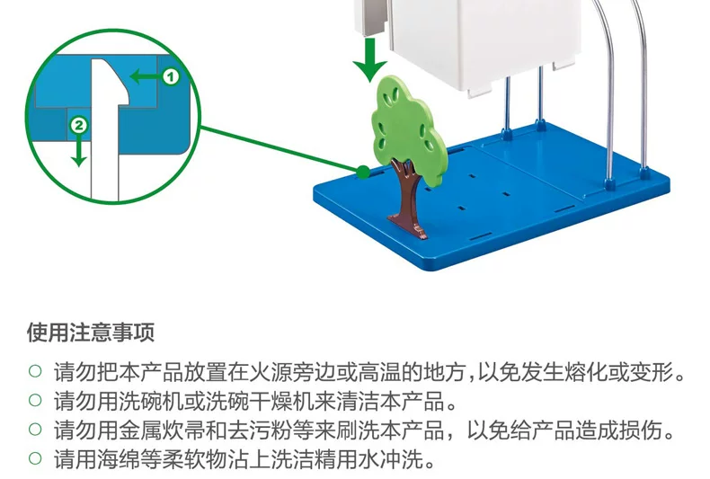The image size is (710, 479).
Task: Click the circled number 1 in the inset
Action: tap(171, 77)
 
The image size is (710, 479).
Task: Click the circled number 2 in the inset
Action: tap(79, 126)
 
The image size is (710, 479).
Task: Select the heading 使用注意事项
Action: tap(90, 333)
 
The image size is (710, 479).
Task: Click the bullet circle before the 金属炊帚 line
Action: tap(35, 430)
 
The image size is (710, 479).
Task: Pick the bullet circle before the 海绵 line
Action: tap(35, 460)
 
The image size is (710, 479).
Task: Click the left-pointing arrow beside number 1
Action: tap(144, 77)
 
